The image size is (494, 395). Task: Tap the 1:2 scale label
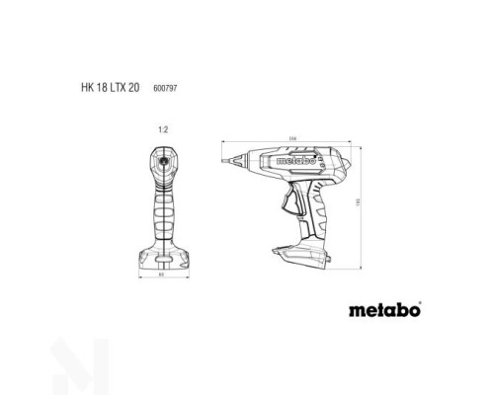pos(165,128)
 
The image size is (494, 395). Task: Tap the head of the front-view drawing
pos(165,162)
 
